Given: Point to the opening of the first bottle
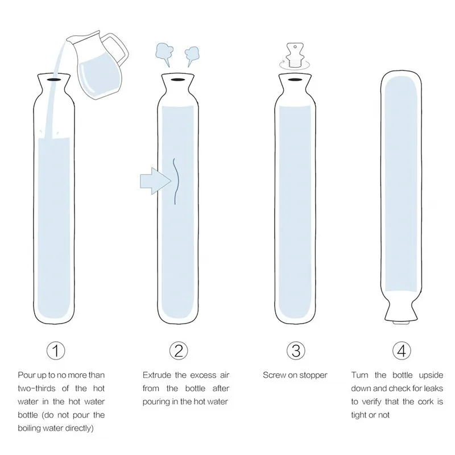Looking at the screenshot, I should [x=53, y=81].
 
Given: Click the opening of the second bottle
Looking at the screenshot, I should [x=178, y=81].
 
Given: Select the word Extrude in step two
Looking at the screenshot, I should [x=157, y=375].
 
